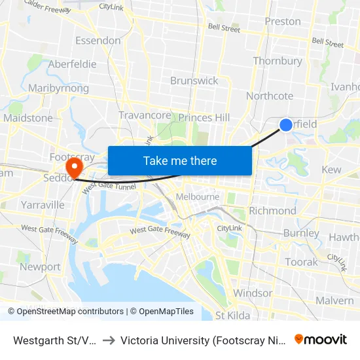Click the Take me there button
[180, 160]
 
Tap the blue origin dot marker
[286, 125]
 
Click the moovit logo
[321, 340]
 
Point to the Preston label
[283, 22]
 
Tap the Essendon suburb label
[98, 41]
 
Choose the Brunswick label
[194, 81]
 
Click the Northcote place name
[270, 96]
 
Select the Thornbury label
[278, 61]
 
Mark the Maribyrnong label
[59, 88]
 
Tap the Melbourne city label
[197, 196]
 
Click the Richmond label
[272, 211]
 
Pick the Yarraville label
[43, 205]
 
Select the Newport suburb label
[40, 267]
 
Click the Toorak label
[301, 262]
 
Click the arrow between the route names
[109, 340]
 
